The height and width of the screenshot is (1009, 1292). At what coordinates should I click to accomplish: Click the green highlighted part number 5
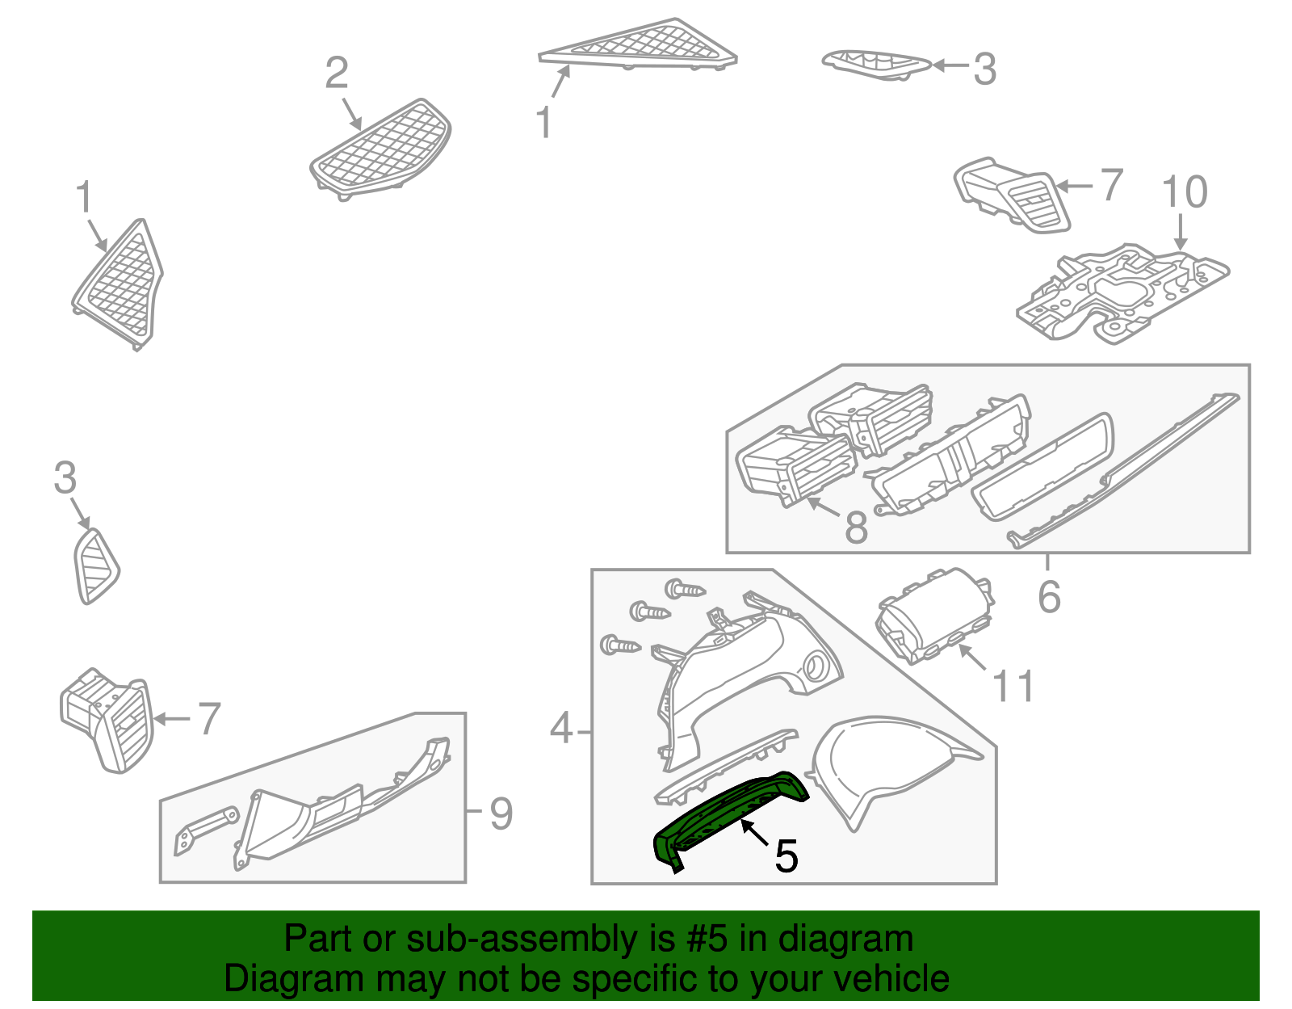click(x=727, y=816)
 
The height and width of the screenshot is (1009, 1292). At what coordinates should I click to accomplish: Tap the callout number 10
click(x=1184, y=192)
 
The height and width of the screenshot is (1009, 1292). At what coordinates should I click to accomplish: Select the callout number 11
click(x=1013, y=687)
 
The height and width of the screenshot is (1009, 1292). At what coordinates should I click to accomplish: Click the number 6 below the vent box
click(x=1048, y=598)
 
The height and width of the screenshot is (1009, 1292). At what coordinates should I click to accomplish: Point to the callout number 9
click(x=501, y=814)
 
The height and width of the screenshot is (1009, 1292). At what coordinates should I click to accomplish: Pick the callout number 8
click(x=856, y=528)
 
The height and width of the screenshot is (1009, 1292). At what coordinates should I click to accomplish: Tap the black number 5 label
click(x=786, y=856)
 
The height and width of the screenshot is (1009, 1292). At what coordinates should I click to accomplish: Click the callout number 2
click(x=336, y=74)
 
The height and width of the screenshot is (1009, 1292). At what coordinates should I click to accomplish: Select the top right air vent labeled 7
click(x=1013, y=194)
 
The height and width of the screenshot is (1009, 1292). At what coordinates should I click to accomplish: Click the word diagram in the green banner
click(x=865, y=940)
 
